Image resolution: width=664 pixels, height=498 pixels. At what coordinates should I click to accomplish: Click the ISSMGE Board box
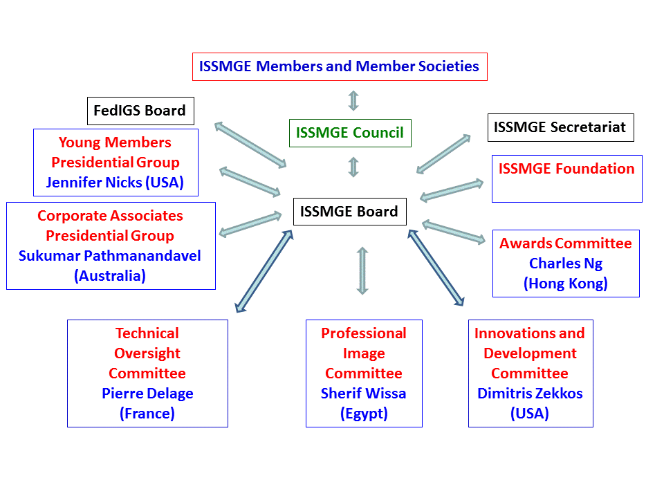[x=349, y=212]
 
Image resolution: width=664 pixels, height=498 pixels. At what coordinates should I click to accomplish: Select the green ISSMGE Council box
[x=349, y=133]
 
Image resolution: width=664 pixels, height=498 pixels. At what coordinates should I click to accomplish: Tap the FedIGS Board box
[x=140, y=111]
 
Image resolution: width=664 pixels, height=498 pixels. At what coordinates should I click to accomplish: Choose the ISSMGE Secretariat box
[x=560, y=127]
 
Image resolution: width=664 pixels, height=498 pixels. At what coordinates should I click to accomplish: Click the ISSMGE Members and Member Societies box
[x=339, y=66]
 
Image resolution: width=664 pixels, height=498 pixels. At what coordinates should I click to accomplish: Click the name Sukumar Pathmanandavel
[x=110, y=256]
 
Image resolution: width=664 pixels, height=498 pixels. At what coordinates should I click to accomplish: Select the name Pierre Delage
[x=147, y=394]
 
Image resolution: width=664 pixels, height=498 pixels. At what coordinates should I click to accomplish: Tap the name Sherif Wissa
[x=363, y=394]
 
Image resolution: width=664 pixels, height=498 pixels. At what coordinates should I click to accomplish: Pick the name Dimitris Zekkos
[x=530, y=394]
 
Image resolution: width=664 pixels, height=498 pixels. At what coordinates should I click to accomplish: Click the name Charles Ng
[x=566, y=264]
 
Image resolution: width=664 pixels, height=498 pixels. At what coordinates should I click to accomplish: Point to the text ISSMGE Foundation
[x=566, y=169]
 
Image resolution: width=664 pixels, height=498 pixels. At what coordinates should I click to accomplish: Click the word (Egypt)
[x=363, y=414]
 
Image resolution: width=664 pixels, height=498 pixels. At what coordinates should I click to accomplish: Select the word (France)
[x=147, y=414]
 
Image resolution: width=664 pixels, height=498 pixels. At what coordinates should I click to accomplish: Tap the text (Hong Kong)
[x=566, y=284]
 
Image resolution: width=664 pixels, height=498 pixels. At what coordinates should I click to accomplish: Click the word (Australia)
[x=110, y=276]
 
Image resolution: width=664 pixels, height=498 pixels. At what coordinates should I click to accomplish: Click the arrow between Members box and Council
[x=353, y=100]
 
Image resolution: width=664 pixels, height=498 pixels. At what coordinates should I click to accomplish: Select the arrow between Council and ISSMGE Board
[x=353, y=167]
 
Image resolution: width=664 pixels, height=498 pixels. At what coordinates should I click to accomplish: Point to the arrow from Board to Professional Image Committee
[x=362, y=270]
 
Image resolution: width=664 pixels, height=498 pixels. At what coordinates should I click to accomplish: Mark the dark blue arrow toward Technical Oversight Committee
[x=264, y=270]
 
